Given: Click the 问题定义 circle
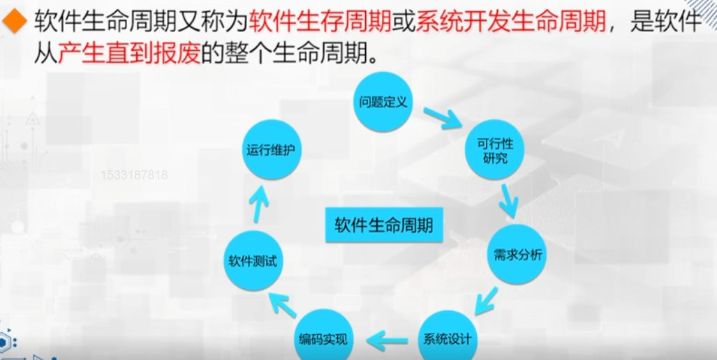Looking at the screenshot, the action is tap(383, 101).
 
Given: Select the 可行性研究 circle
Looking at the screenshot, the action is tap(494, 150).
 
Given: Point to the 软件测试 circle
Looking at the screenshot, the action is tap(253, 261).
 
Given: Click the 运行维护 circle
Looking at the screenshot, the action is tap(272, 149).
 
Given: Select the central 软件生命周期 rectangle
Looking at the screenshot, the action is tap(383, 225).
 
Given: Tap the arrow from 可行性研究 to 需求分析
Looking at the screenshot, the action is tap(508, 200).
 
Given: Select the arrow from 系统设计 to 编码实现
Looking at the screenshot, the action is tap(387, 340).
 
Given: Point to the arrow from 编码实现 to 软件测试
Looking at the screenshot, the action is tap(283, 306).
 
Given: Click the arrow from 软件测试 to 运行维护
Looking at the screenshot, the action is tap(259, 203).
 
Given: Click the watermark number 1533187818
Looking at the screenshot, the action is tap(134, 175).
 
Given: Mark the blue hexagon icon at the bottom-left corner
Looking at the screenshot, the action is tap(6, 342).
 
